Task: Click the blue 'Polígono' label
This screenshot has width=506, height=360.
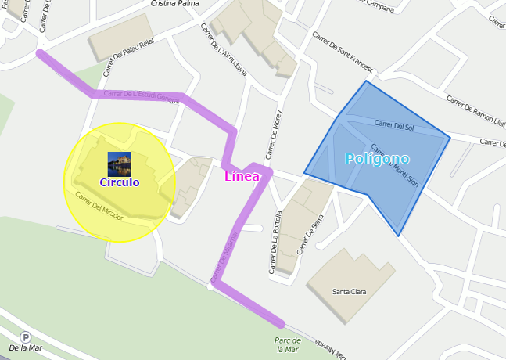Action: click(377, 159)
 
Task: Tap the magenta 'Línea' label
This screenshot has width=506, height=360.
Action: click(242, 176)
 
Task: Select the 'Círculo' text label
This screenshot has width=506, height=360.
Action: click(119, 182)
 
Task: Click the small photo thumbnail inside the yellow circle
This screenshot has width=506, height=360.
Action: click(119, 164)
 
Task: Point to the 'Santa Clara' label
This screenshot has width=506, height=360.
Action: click(349, 292)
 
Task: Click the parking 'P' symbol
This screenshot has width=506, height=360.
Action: click(25, 337)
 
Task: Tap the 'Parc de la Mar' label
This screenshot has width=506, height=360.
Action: click(287, 345)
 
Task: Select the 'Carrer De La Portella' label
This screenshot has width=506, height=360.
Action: click(276, 243)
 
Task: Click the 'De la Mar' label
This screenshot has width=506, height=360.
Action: click(25, 347)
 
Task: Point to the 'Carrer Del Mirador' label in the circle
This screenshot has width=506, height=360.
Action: click(99, 205)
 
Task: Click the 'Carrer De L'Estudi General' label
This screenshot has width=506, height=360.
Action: click(141, 95)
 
